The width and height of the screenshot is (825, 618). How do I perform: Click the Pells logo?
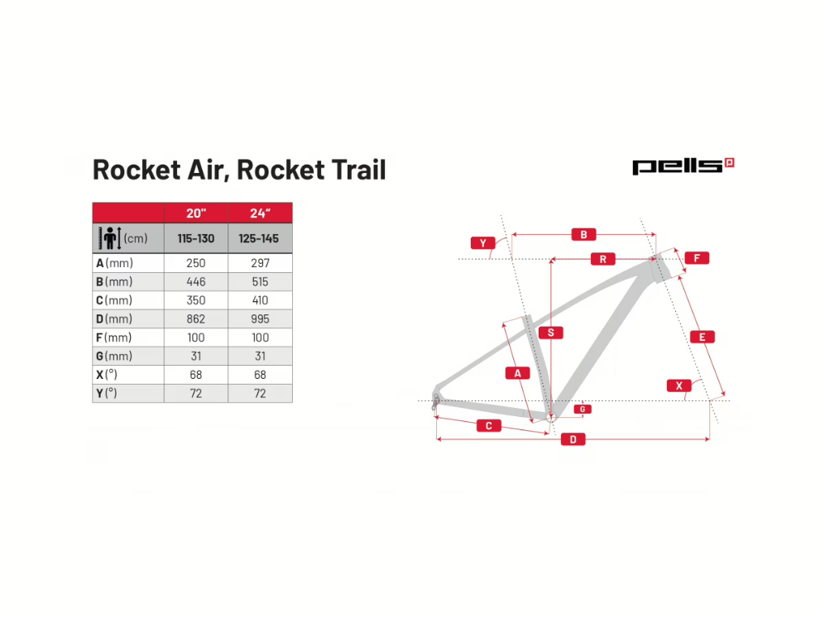click(x=683, y=166)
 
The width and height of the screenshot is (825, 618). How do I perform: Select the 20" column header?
click(x=196, y=213)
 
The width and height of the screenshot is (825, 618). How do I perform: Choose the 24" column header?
click(x=260, y=213)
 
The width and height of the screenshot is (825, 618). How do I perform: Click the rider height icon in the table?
click(x=110, y=238)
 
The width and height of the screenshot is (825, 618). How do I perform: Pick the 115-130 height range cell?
click(x=196, y=239)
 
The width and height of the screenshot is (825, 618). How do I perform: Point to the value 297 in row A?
click(x=260, y=263)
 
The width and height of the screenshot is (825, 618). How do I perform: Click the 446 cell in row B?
click(x=196, y=282)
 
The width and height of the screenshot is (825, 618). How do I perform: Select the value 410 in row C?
click(x=260, y=300)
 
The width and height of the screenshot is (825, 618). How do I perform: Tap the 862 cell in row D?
click(x=196, y=319)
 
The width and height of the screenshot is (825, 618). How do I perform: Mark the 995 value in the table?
click(x=260, y=319)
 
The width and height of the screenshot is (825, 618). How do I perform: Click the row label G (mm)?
click(x=114, y=356)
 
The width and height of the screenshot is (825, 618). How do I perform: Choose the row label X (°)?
click(x=106, y=375)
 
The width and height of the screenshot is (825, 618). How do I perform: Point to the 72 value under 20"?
click(x=196, y=394)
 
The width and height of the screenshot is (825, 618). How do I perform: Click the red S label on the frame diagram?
click(x=551, y=333)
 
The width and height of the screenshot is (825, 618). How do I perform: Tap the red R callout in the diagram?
click(x=603, y=259)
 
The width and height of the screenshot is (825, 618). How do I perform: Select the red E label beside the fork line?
click(x=702, y=337)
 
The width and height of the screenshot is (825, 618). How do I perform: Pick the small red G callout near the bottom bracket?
click(x=583, y=410)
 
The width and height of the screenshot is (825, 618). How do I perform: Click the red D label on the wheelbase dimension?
click(x=573, y=439)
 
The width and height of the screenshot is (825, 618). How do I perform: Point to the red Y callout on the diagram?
click(x=482, y=243)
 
